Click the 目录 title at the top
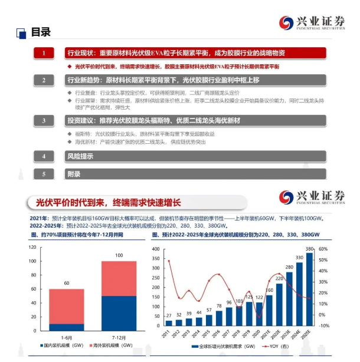[x=40, y=32]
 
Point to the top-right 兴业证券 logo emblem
[x=286, y=23]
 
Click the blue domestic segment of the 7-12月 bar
[x=102, y=313]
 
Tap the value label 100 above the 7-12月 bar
[x=102, y=255]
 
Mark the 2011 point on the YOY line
[x=169, y=261]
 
